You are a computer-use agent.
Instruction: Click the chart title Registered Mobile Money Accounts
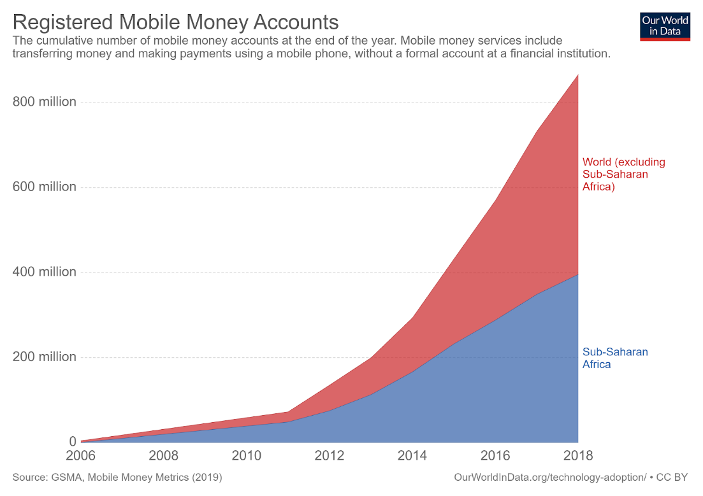pyautogui.click(x=175, y=22)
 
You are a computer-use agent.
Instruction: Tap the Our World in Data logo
pyautogui.click(x=665, y=25)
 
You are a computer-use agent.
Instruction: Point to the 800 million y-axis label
pyautogui.click(x=45, y=102)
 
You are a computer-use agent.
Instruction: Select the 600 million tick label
pyautogui.click(x=45, y=187)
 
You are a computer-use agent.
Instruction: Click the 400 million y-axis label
pyautogui.click(x=45, y=272)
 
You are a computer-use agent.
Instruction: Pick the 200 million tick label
pyautogui.click(x=45, y=357)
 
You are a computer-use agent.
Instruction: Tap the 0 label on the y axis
pyautogui.click(x=72, y=441)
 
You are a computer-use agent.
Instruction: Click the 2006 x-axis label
pyautogui.click(x=81, y=456)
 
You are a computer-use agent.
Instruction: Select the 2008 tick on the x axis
pyautogui.click(x=164, y=456)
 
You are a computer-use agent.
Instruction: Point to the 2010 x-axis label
pyautogui.click(x=247, y=456)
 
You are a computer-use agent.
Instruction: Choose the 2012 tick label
pyautogui.click(x=330, y=456)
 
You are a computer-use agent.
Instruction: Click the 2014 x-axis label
pyautogui.click(x=412, y=456)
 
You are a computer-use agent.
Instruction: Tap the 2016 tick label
pyautogui.click(x=495, y=456)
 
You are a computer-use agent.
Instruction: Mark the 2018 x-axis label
pyautogui.click(x=577, y=456)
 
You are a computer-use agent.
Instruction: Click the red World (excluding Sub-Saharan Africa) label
pyautogui.click(x=623, y=174)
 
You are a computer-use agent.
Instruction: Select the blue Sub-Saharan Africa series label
pyautogui.click(x=614, y=358)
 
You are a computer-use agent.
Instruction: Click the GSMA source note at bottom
pyautogui.click(x=117, y=477)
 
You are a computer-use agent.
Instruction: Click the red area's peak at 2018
pyautogui.click(x=577, y=76)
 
